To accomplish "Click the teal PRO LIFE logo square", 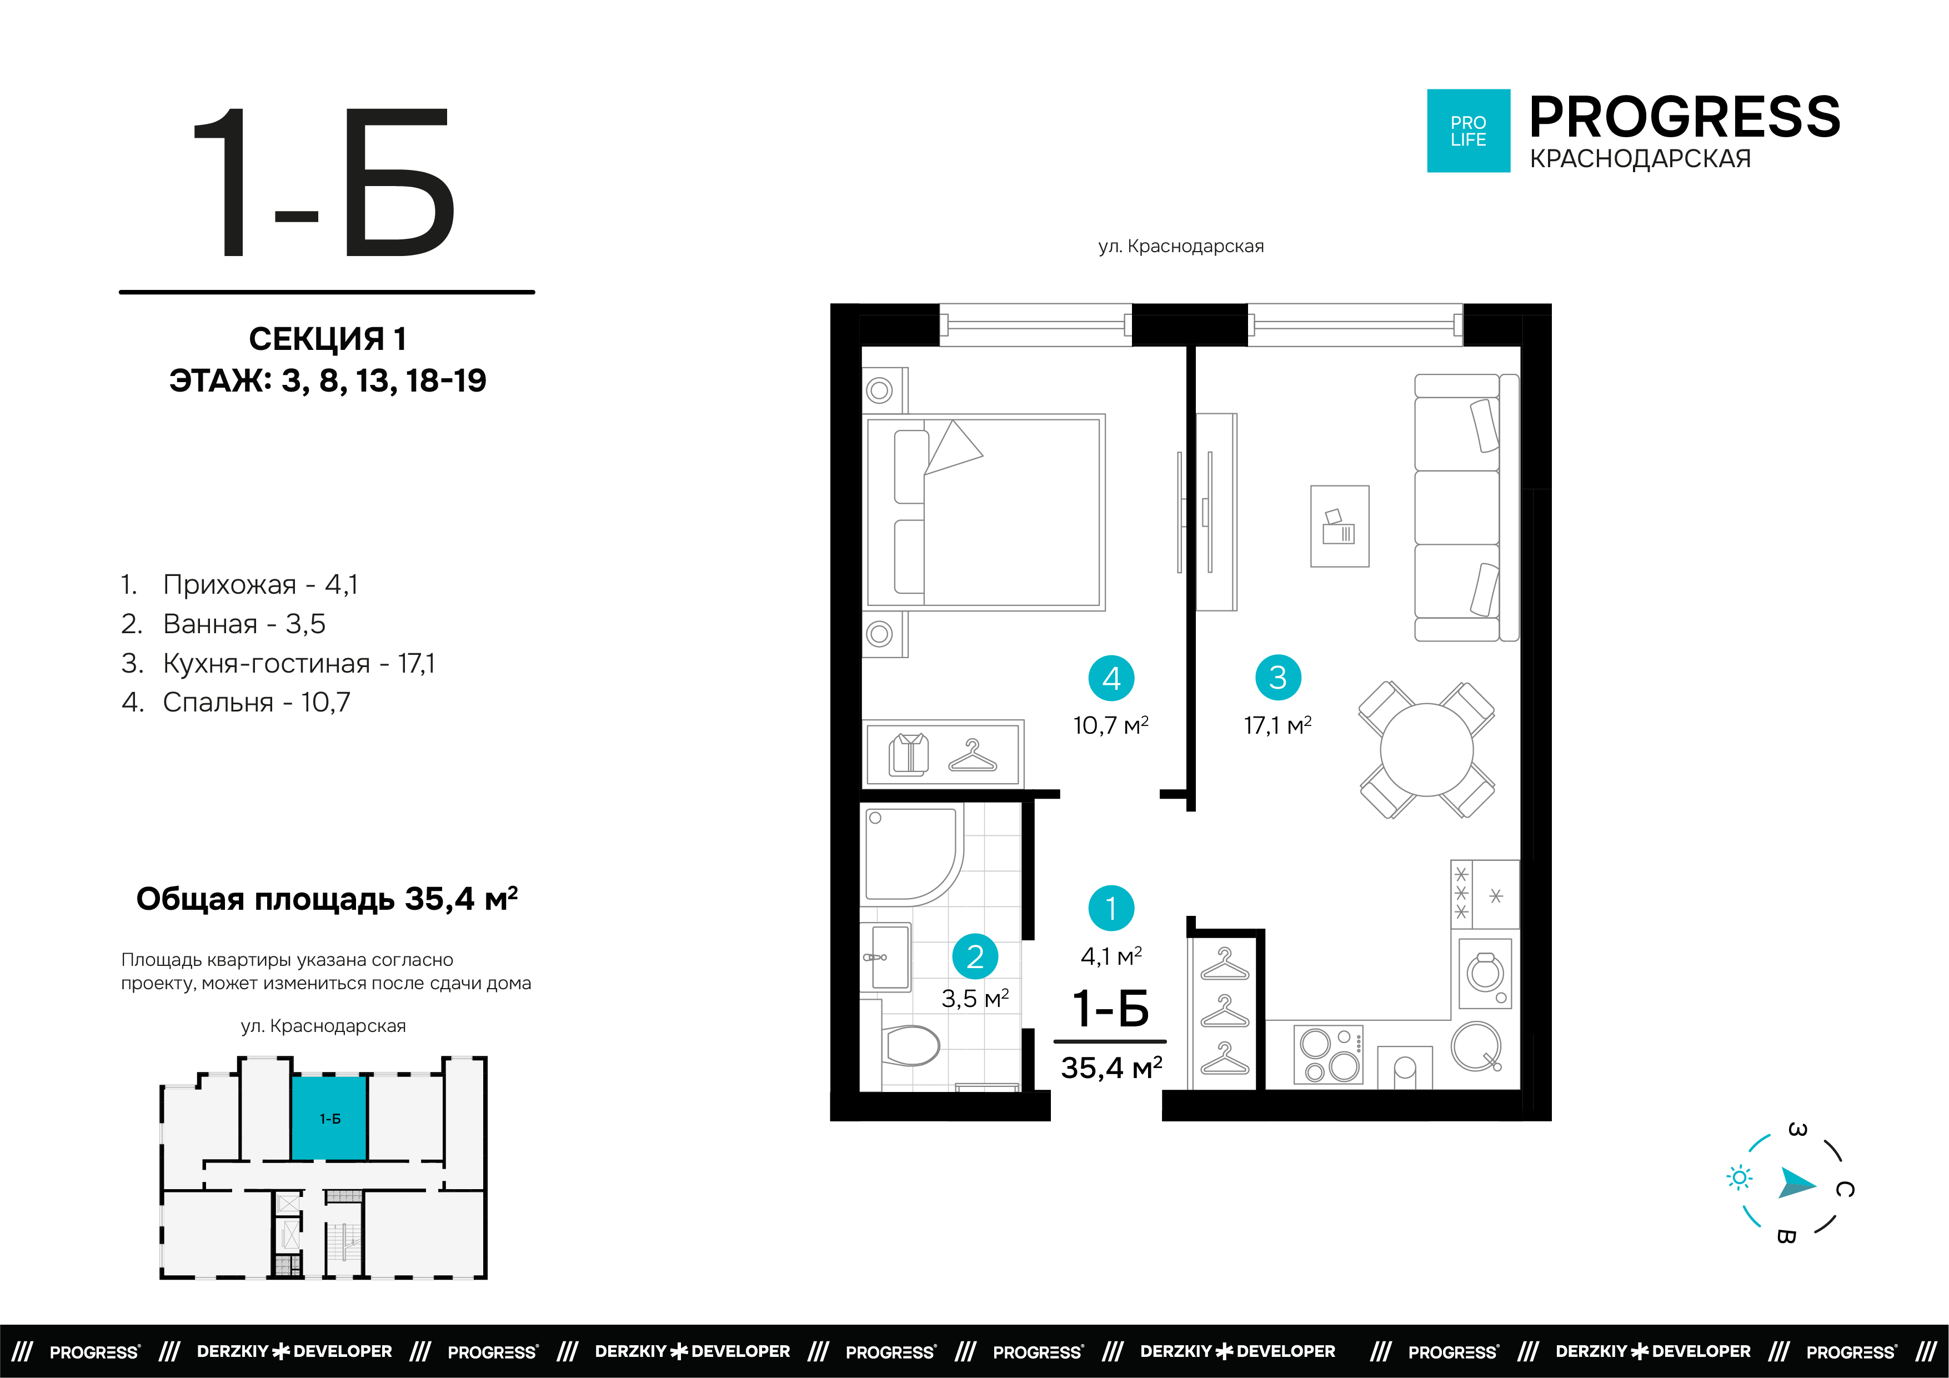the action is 1469,131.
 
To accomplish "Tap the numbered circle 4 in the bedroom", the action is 1111,678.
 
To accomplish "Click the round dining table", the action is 1427,750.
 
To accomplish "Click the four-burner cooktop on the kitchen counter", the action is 1329,1055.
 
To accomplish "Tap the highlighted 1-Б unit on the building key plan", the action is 329,1118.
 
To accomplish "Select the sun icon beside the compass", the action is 1740,1177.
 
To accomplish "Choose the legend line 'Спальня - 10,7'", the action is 235,702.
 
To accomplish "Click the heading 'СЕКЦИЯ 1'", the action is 328,339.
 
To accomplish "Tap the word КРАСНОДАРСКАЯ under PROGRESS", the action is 1640,159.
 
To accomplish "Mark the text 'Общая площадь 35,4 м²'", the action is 327,898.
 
